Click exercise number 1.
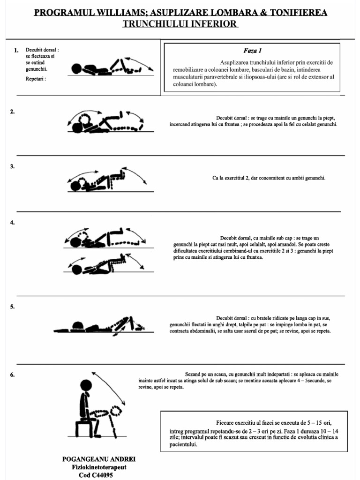(x=16, y=50)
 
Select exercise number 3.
(x=13, y=166)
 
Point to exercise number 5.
(x=13, y=307)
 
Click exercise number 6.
(x=13, y=375)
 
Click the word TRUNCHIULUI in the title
(x=154, y=23)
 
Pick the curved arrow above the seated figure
(x=110, y=387)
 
